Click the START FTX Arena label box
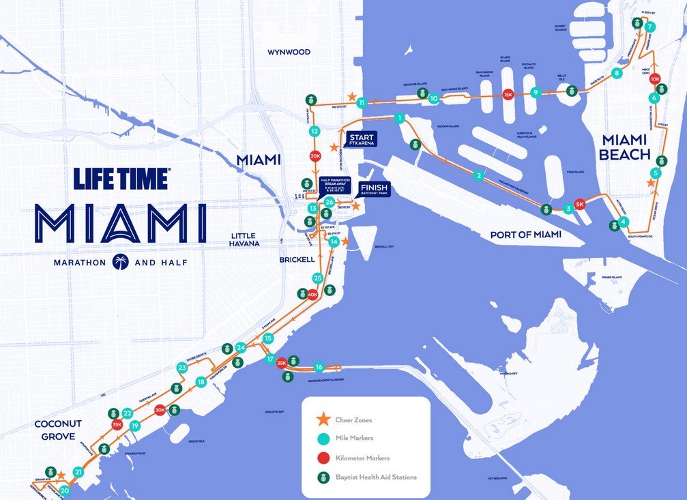(x=361, y=138)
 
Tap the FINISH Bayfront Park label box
(x=374, y=189)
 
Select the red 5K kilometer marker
(x=581, y=204)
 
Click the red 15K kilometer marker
(x=507, y=95)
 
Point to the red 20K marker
(x=315, y=156)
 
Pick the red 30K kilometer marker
(x=160, y=410)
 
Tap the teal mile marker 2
(x=480, y=176)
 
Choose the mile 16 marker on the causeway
(x=319, y=368)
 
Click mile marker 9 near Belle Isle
(x=536, y=92)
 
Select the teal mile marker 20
(x=65, y=490)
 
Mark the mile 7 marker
(x=650, y=27)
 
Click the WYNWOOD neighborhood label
(x=289, y=52)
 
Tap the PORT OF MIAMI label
(x=525, y=235)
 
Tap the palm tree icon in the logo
(x=121, y=261)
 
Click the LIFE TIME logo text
(x=121, y=179)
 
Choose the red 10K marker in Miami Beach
(x=656, y=79)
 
